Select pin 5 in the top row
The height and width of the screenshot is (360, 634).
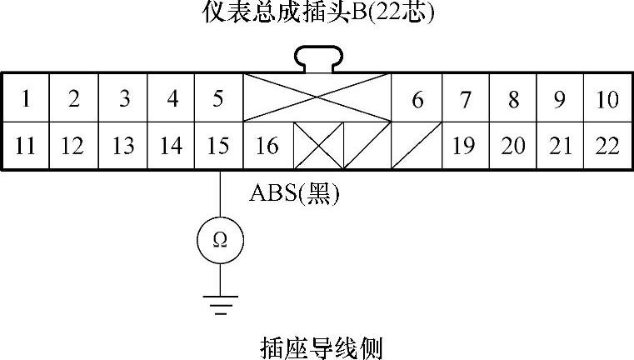pyautogui.click(x=217, y=99)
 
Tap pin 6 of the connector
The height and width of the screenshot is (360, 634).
pyautogui.click(x=417, y=99)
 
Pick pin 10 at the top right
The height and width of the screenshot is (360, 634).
pyautogui.click(x=608, y=99)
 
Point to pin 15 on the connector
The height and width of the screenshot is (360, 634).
pyautogui.click(x=217, y=146)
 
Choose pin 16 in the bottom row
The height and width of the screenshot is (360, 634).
pyautogui.click(x=267, y=146)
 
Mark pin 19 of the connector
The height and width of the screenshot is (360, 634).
pyautogui.click(x=464, y=146)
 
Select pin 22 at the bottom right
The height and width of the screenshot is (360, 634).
pyautogui.click(x=608, y=146)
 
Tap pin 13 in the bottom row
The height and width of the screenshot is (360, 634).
pyautogui.click(x=122, y=146)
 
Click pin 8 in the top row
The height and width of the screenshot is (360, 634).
pyautogui.click(x=513, y=99)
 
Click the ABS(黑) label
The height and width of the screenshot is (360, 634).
pyautogui.click(x=295, y=193)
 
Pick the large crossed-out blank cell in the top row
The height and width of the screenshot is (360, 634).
pyautogui.click(x=317, y=97)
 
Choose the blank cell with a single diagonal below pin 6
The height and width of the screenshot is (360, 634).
pyautogui.click(x=416, y=146)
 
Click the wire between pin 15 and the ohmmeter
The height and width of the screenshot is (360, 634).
pyautogui.click(x=219, y=196)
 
